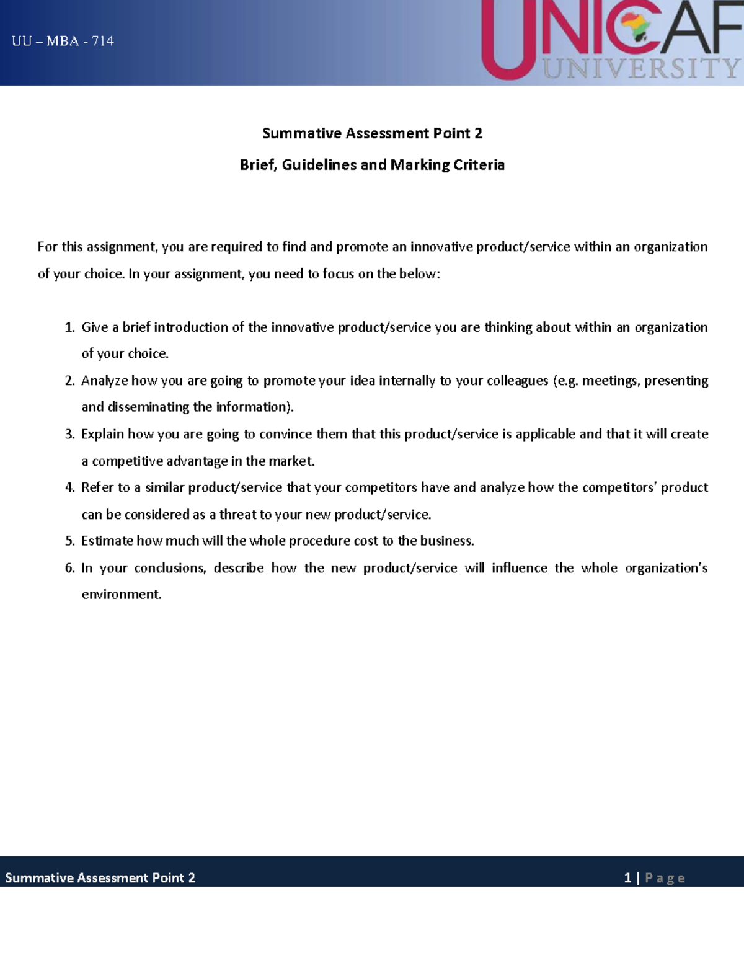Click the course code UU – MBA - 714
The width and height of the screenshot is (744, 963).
(63, 42)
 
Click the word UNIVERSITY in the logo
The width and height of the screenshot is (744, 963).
(642, 68)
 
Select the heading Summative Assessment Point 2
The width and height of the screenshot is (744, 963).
(372, 133)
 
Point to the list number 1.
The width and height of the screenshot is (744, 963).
(69, 327)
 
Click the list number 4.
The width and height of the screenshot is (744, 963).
(69, 487)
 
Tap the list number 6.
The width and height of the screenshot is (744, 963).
(69, 568)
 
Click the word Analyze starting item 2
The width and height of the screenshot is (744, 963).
(104, 381)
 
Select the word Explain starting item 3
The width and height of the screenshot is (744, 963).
(103, 434)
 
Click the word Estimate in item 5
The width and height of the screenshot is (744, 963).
(107, 541)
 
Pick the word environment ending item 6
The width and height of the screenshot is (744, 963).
(121, 594)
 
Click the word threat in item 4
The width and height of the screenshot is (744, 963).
(237, 515)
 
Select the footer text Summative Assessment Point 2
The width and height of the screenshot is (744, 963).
(100, 877)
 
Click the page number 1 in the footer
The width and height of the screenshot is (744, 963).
(627, 877)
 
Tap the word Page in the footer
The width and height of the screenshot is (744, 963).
(665, 878)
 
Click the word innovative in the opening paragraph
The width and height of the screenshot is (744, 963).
(441, 247)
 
